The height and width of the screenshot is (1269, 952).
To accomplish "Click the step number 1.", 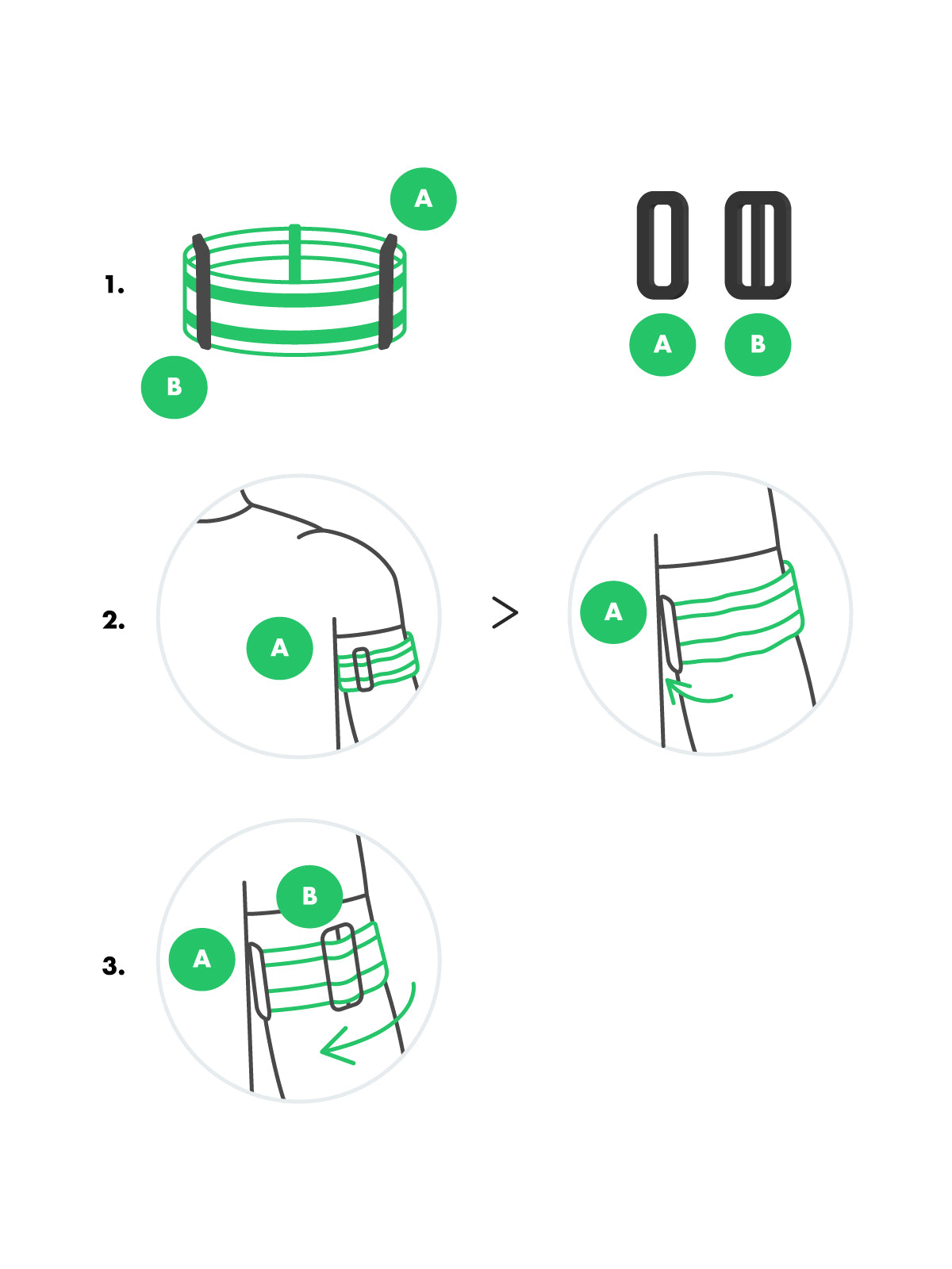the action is (114, 285).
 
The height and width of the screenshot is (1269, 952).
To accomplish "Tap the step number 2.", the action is (114, 619).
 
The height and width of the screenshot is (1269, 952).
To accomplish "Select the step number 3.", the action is (114, 965).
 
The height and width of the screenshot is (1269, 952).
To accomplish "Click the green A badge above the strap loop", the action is (423, 199).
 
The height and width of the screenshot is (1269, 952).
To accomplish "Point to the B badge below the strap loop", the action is (174, 387).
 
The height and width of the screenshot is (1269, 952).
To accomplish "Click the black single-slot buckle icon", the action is (662, 245).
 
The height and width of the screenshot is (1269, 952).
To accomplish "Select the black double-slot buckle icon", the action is (758, 245).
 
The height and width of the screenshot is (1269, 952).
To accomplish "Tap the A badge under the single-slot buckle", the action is (662, 344).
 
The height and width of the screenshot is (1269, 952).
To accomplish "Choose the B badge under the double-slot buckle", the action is (758, 344).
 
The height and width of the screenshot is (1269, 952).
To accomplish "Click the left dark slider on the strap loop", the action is (202, 291).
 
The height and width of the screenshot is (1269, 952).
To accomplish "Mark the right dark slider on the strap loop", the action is (387, 291).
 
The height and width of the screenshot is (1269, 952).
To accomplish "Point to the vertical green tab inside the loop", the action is (295, 253).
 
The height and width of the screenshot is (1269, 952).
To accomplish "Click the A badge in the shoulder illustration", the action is (280, 648).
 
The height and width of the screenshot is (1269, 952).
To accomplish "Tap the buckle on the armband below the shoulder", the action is (363, 669).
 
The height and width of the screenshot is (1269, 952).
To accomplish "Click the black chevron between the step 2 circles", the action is (505, 613).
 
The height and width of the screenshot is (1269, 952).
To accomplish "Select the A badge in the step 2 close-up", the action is (613, 612).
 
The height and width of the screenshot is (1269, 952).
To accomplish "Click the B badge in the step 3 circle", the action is (310, 897).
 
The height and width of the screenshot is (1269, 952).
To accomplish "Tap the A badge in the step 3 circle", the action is (202, 960).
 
